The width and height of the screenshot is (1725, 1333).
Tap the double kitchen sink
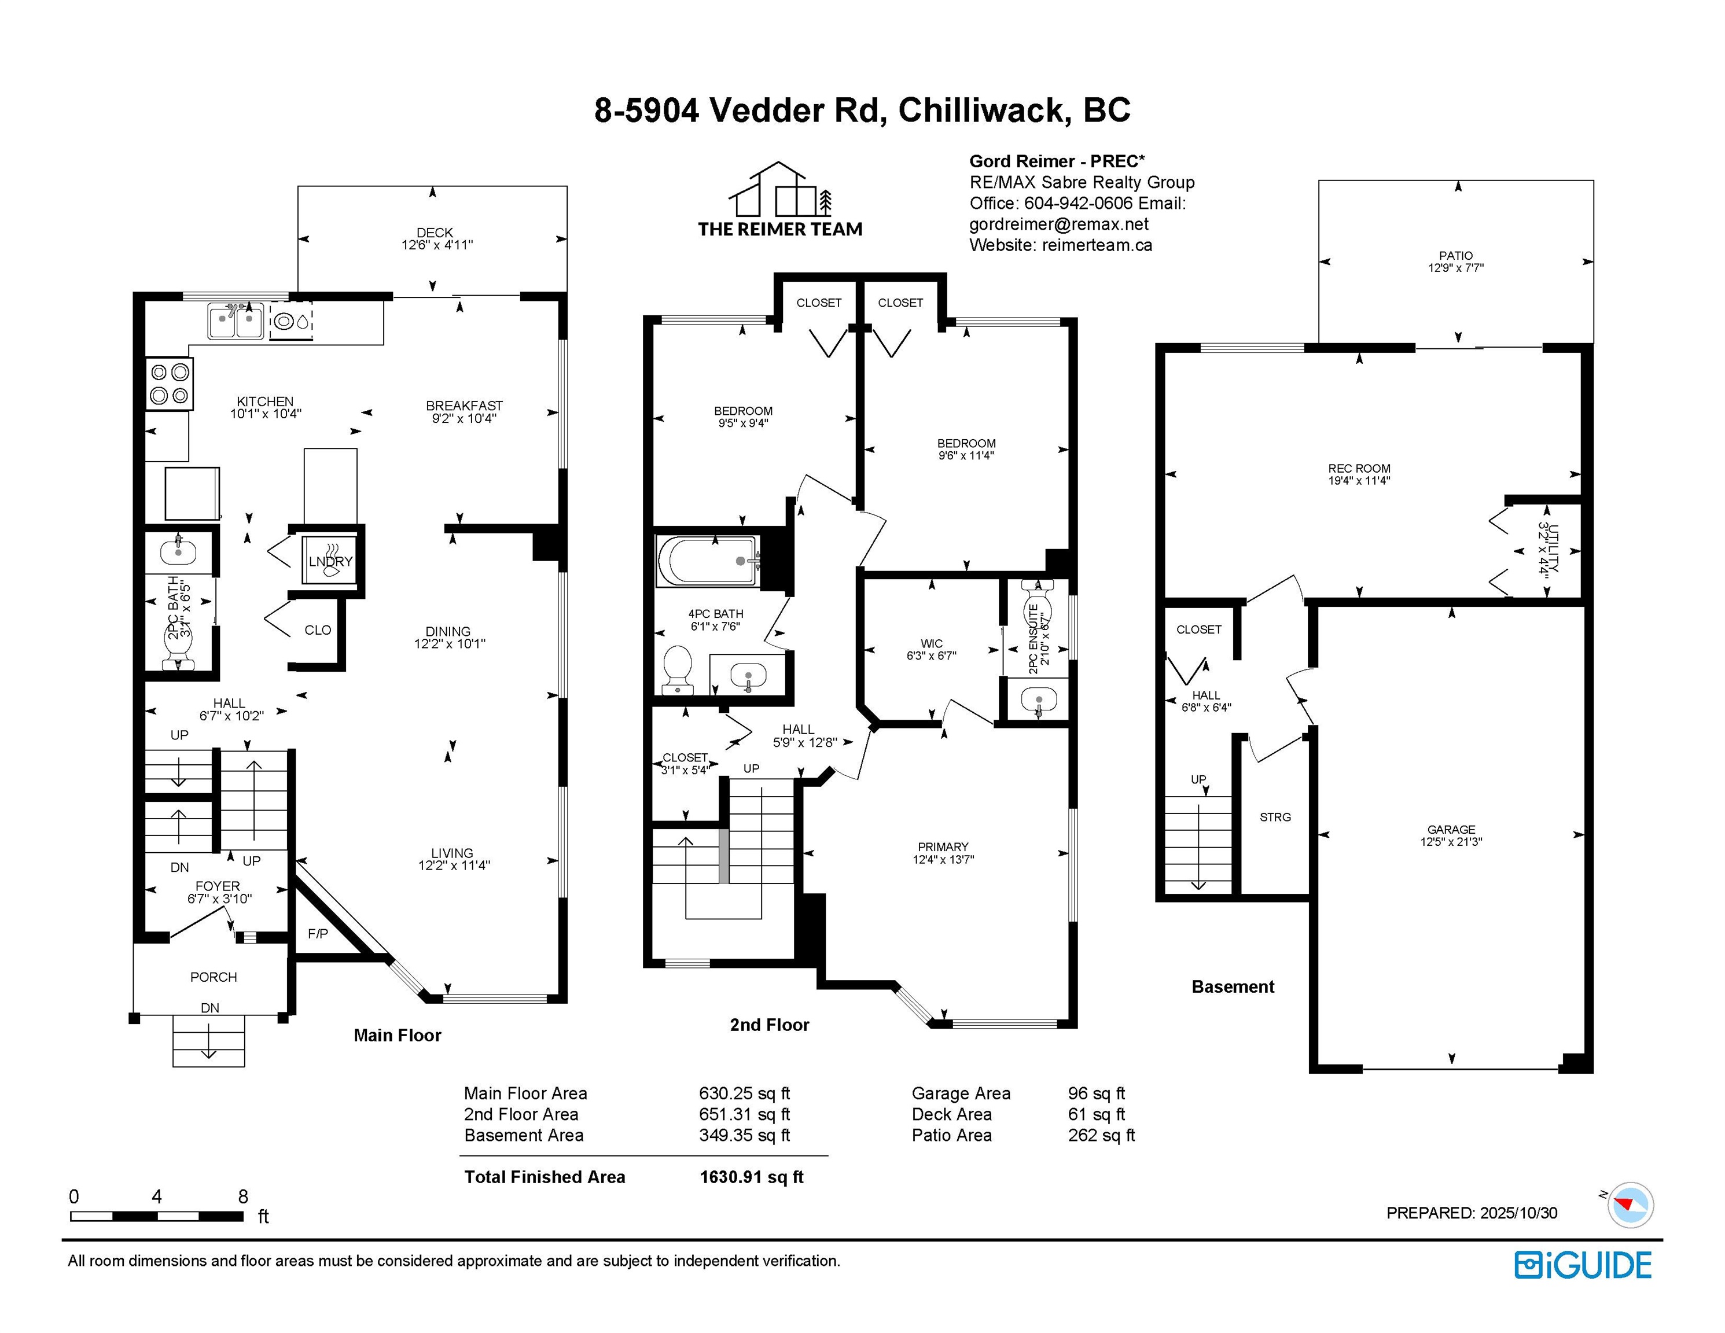(236, 321)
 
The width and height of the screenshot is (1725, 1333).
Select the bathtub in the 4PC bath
(708, 561)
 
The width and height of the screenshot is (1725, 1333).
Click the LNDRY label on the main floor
(330, 561)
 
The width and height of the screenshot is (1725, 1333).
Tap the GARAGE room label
(1451, 829)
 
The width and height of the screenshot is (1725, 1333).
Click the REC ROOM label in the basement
(1359, 468)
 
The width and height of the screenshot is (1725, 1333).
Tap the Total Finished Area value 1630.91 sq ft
(751, 1177)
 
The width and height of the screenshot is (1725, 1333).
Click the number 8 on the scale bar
(243, 1196)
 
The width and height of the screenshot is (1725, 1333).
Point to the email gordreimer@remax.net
(1059, 224)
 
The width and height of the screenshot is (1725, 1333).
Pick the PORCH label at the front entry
(214, 977)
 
